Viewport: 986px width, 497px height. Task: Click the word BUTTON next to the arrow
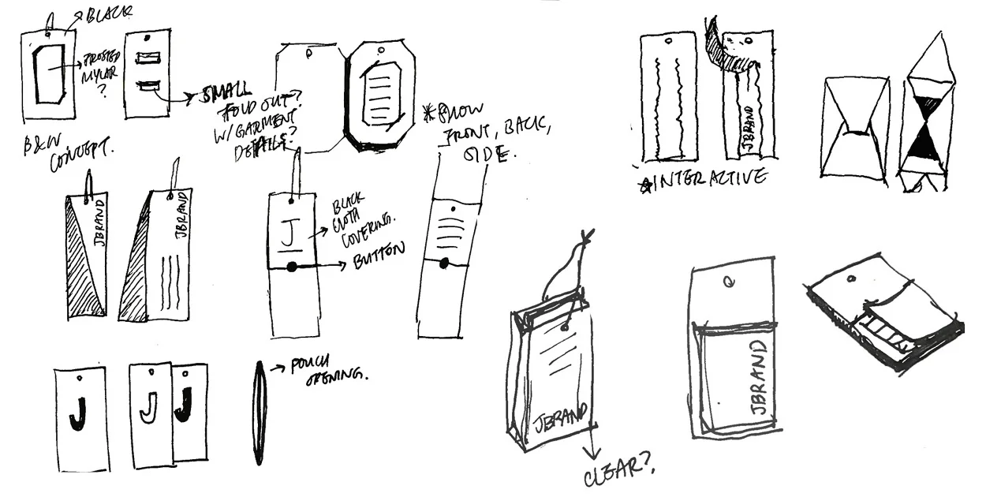coord(378,252)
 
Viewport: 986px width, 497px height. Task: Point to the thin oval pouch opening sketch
coord(260,412)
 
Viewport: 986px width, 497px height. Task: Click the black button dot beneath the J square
coord(292,267)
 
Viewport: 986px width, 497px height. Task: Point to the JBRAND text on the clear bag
coord(561,413)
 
